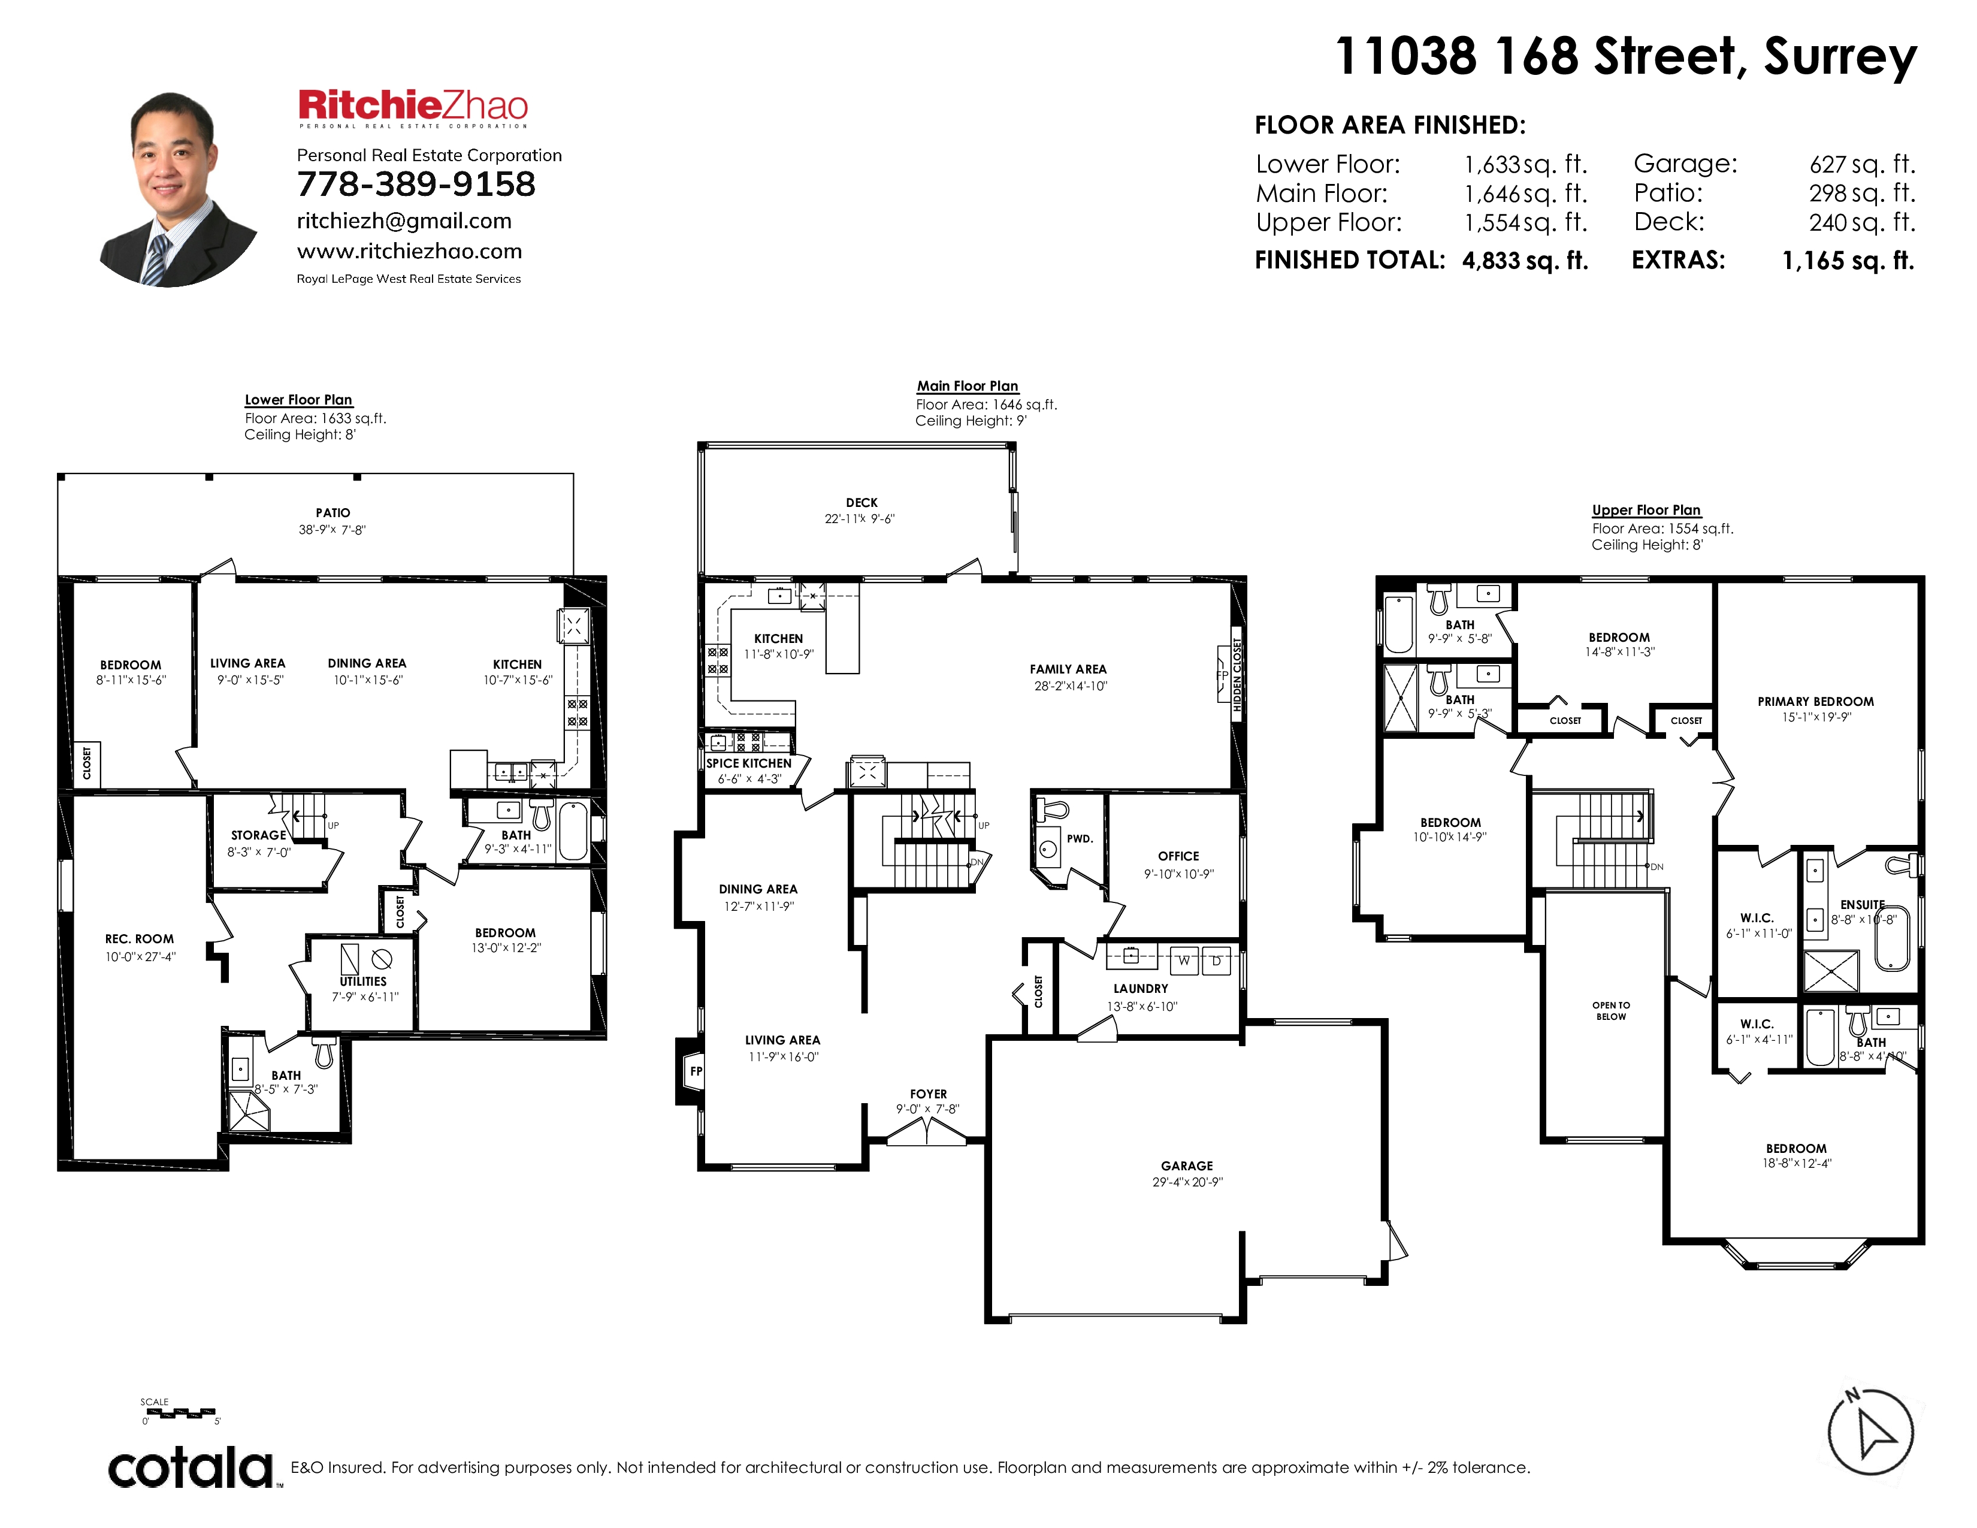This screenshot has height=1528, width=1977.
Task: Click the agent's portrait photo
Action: click(x=179, y=190)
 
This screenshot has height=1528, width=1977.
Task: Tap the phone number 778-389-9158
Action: click(x=416, y=185)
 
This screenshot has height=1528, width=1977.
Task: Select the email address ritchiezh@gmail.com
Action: click(x=404, y=221)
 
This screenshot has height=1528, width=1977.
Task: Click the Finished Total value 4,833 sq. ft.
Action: click(x=1525, y=261)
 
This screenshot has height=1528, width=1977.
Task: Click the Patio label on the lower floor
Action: click(x=333, y=512)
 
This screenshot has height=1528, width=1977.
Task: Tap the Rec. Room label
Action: click(x=140, y=939)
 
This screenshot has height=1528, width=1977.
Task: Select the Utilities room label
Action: click(x=363, y=982)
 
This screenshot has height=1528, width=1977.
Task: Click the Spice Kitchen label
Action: click(x=749, y=763)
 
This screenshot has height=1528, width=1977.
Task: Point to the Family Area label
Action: click(x=1068, y=669)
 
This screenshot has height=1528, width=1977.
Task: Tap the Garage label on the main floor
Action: click(x=1187, y=1166)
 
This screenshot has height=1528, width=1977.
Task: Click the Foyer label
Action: click(x=929, y=1094)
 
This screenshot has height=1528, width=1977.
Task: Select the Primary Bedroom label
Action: click(x=1816, y=702)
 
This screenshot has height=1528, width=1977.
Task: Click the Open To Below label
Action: click(x=1612, y=1011)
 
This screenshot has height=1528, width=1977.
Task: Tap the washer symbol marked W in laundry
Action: click(x=1183, y=961)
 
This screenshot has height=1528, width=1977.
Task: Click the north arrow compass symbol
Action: click(x=1870, y=1433)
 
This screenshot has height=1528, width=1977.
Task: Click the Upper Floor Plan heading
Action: click(x=1646, y=510)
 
